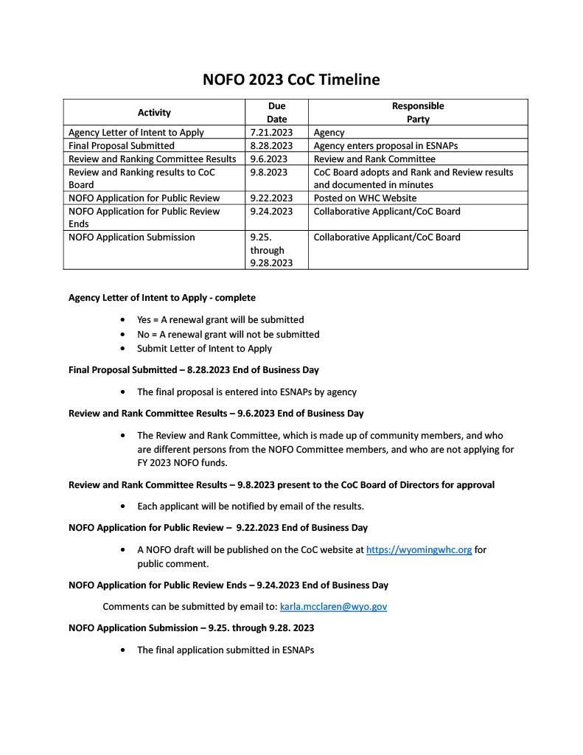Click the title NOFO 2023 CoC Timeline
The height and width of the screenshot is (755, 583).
tap(291, 80)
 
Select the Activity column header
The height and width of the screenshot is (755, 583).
tap(154, 113)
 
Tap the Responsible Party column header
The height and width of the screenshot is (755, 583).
tap(417, 113)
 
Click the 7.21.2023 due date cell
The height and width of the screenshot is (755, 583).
tap(272, 133)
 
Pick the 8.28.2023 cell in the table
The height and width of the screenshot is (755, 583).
tap(272, 146)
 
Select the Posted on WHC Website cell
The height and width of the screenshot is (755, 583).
tap(365, 198)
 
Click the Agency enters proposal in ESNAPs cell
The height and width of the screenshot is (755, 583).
tap(385, 146)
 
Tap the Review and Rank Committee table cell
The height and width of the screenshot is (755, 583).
tap(374, 159)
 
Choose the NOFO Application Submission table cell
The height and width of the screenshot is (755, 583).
tap(132, 237)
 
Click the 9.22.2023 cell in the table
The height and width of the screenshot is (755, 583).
tap(272, 198)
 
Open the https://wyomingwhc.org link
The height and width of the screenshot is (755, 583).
tap(419, 550)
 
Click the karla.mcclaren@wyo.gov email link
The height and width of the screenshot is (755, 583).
tap(333, 607)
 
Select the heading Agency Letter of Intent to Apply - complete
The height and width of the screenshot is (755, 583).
tap(162, 298)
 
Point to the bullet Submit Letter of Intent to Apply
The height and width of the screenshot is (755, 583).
tap(204, 349)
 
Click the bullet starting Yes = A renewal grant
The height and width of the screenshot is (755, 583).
tap(220, 320)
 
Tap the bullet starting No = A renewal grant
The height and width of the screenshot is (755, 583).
tap(228, 335)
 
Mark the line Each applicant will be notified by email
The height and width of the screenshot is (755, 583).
tap(251, 507)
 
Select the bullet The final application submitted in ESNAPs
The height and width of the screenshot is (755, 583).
tap(226, 650)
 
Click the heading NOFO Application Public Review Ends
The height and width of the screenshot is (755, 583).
tap(228, 585)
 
